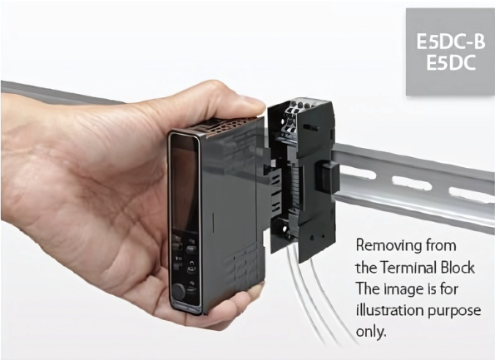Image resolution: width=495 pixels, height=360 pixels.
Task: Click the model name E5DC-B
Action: (450, 42)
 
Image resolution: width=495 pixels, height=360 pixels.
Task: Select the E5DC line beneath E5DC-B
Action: (451, 62)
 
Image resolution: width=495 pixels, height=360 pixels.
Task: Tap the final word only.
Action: (371, 332)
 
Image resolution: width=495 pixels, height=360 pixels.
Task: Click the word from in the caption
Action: (441, 245)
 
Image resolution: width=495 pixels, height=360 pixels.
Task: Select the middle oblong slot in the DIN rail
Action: (411, 183)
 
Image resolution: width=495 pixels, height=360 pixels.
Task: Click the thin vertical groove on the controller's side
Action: (214, 224)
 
